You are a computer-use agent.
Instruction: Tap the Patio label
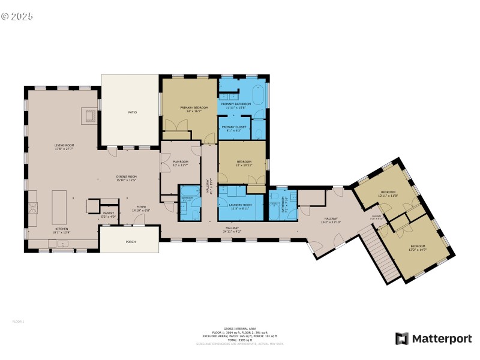[x=132, y=112]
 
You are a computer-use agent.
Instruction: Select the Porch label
[x=129, y=242]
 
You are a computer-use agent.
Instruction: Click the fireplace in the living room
[x=89, y=116]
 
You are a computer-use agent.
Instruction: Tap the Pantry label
[x=109, y=213]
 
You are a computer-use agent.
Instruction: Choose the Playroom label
[x=181, y=161]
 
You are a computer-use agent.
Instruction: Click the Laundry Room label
[x=240, y=205]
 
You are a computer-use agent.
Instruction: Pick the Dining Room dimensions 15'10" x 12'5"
[x=127, y=180]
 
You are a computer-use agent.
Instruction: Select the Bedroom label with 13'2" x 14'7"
[x=418, y=247]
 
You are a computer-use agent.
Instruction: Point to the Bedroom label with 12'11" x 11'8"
[x=388, y=193]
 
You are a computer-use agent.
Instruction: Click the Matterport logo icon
[x=401, y=338]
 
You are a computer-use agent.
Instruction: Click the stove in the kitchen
[x=34, y=208]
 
